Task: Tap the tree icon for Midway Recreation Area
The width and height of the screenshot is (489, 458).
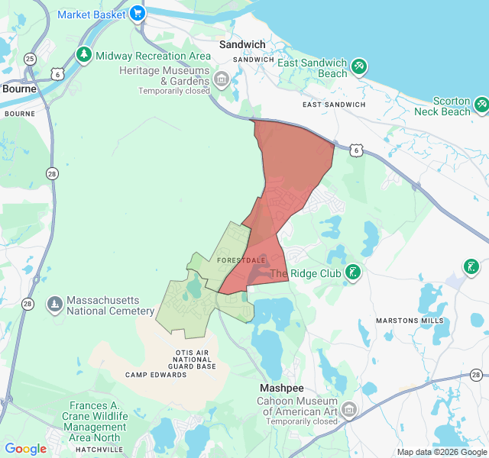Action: tap(84, 55)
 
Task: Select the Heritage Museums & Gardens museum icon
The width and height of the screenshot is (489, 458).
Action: tap(222, 77)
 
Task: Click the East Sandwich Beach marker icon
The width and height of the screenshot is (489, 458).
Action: tap(359, 67)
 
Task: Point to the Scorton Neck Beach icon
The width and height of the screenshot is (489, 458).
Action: tap(481, 103)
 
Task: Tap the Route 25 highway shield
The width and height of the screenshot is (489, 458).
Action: tap(30, 59)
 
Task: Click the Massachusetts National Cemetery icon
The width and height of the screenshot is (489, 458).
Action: tap(55, 305)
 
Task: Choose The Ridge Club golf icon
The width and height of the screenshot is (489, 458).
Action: tap(352, 273)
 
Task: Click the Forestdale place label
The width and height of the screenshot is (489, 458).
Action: tap(241, 260)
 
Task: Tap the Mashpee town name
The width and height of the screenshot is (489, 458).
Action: tap(282, 388)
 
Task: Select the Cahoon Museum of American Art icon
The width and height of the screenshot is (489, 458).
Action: tap(348, 411)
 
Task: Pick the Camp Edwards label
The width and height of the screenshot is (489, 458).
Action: tap(156, 375)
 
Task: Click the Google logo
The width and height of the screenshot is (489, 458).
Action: tap(26, 449)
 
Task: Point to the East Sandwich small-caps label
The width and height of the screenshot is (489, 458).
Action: tap(333, 105)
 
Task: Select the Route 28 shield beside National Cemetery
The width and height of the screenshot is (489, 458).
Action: tap(28, 304)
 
